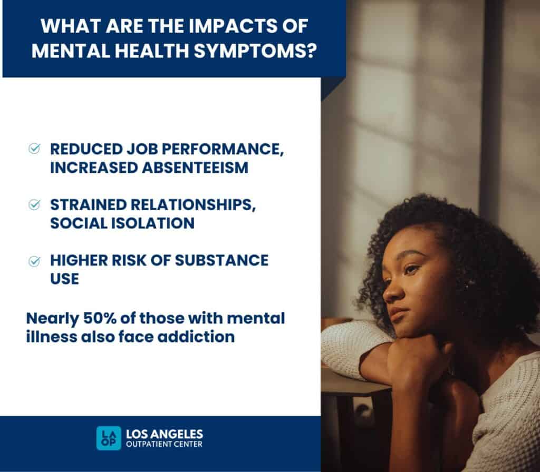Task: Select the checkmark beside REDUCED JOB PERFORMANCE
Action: [34, 149]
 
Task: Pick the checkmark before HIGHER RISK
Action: [34, 261]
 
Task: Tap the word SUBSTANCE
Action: [228, 260]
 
